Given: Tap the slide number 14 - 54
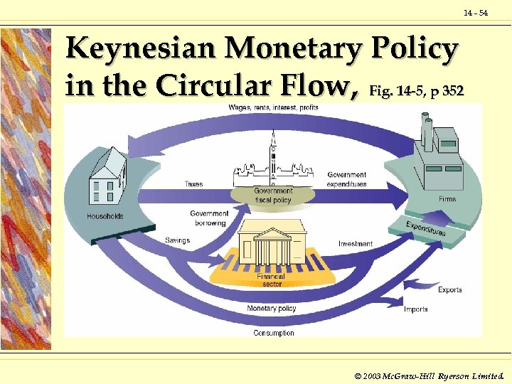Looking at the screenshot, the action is point(476,14).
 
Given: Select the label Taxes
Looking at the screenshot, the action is point(193,184).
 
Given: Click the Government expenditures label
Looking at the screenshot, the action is point(347,179).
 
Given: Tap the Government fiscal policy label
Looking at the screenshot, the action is point(274,195).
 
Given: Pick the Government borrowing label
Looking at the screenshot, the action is point(209,218).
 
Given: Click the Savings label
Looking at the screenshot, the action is point(178,240).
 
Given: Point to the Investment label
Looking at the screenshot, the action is point(356,244).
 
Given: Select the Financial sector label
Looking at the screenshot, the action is point(271,280).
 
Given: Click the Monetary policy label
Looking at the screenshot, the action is point(272,309).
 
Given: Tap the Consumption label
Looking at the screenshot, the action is point(274,333).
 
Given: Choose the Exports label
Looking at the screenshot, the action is point(450,289).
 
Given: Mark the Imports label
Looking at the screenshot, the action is point(415,309).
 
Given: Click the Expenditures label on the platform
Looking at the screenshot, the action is point(426,228).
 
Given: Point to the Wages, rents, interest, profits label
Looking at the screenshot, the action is point(273,107).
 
